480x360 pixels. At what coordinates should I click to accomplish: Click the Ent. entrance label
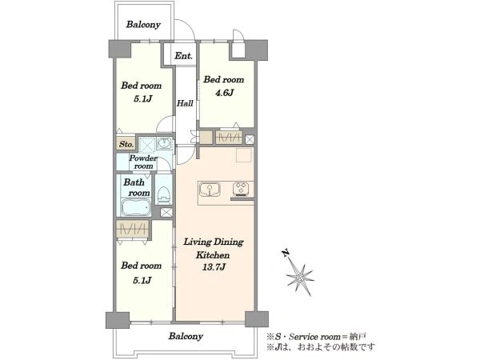pos(183,56)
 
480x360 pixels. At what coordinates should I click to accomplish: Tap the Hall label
pos(185,103)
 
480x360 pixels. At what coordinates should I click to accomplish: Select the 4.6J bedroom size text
pos(224,93)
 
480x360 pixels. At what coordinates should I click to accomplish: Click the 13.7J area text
pos(214,267)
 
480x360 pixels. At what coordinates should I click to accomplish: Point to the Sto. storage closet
pos(126,144)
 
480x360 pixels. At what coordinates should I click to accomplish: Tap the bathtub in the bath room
pos(136,207)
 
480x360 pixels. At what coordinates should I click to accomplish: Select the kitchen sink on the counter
pos(210,190)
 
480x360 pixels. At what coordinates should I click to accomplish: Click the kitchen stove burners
pos(242,189)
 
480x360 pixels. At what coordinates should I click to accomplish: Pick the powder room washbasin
pos(166,143)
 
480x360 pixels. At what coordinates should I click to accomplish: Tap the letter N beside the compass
pos(286,253)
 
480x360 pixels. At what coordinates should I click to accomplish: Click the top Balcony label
pos(143,25)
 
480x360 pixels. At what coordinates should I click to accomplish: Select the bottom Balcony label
pos(186,336)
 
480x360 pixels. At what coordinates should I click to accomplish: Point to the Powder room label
pos(143,162)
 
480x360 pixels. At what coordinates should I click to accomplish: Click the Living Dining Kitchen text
pos(214,248)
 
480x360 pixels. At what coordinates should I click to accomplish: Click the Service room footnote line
pos(316,337)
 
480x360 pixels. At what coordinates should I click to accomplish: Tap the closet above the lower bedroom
pos(132,229)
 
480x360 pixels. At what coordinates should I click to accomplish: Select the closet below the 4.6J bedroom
pos(229,138)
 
